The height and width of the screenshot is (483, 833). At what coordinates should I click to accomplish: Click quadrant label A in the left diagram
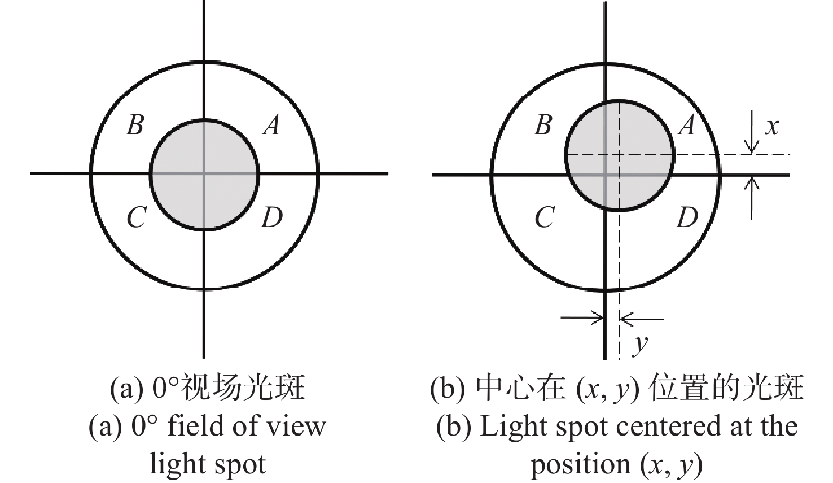[x=271, y=125]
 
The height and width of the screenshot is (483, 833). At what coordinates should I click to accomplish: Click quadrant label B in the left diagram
[x=135, y=125]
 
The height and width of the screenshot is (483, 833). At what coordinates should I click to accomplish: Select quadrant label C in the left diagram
[x=136, y=217]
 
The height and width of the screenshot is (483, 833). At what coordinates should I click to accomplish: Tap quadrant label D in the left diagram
[x=272, y=217]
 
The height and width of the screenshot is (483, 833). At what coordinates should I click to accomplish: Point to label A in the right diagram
[x=686, y=125]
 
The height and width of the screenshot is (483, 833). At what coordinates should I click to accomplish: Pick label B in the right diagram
[x=543, y=125]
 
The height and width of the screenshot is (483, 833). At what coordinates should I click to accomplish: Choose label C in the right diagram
[x=545, y=217]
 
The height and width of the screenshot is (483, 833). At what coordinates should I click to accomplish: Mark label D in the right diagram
[x=687, y=217]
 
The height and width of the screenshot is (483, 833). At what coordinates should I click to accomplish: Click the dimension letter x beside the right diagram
[x=772, y=127]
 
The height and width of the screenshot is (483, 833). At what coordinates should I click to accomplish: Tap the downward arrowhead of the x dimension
[x=752, y=148]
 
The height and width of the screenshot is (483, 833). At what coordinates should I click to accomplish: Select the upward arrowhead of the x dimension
[x=752, y=182]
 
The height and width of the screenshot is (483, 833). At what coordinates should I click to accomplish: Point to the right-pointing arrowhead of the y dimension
[x=597, y=318]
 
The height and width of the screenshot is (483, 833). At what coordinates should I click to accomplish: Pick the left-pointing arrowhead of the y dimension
[x=627, y=319]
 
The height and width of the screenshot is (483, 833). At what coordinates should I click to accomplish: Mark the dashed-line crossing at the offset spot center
[x=620, y=154]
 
